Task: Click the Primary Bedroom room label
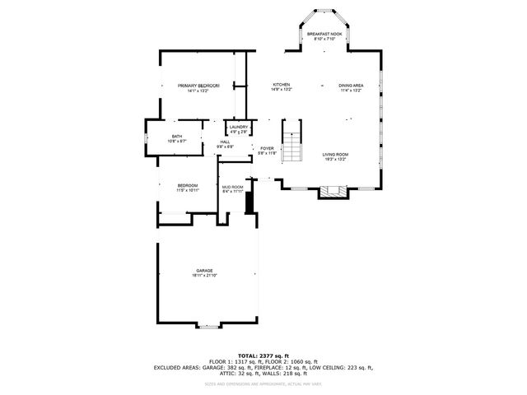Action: pyautogui.click(x=198, y=86)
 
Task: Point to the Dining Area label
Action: pyautogui.click(x=352, y=86)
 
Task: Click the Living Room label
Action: pyautogui.click(x=334, y=154)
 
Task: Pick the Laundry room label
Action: pyautogui.click(x=239, y=127)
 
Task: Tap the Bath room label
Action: pyautogui.click(x=177, y=137)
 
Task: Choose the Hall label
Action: pyautogui.click(x=225, y=142)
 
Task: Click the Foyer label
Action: pyautogui.click(x=268, y=149)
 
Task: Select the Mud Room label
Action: pyautogui.click(x=232, y=187)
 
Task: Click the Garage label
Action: pyautogui.click(x=204, y=271)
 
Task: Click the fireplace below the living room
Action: pyautogui.click(x=333, y=193)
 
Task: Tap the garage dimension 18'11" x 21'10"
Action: pyautogui.click(x=204, y=276)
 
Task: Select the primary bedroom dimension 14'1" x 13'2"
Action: pyautogui.click(x=198, y=91)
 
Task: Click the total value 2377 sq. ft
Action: pyautogui.click(x=277, y=355)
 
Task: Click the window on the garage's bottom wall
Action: pyautogui.click(x=208, y=328)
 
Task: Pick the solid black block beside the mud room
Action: pyautogui.click(x=251, y=197)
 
